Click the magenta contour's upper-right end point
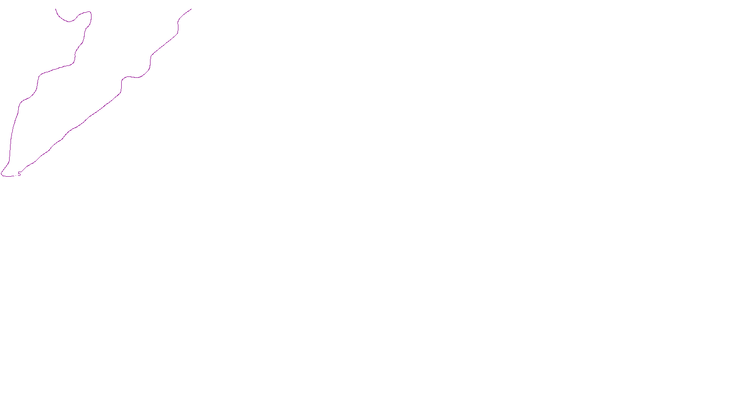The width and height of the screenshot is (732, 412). pyautogui.click(x=191, y=9)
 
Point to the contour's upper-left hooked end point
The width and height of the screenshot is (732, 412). pyautogui.click(x=56, y=9)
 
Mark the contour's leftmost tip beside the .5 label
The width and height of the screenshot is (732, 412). pyautogui.click(x=1, y=174)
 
